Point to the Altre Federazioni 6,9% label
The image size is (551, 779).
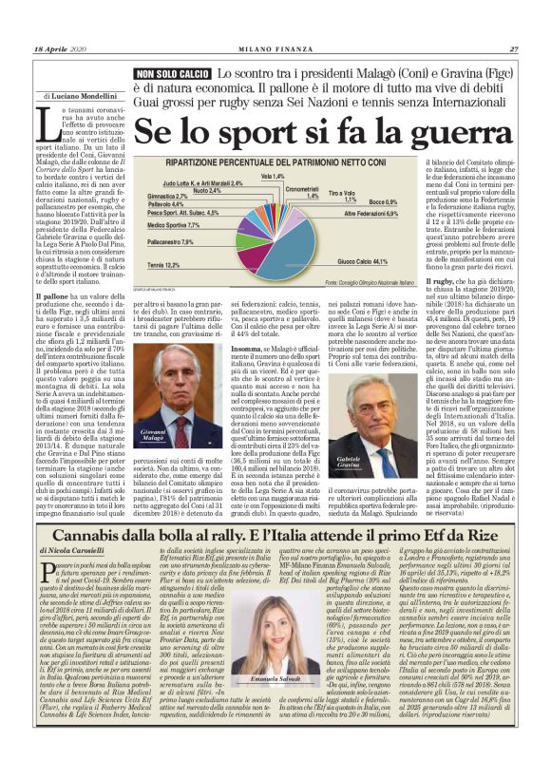click(370, 215)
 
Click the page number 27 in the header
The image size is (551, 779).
click(513, 49)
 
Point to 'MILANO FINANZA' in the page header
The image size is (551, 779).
click(275, 49)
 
